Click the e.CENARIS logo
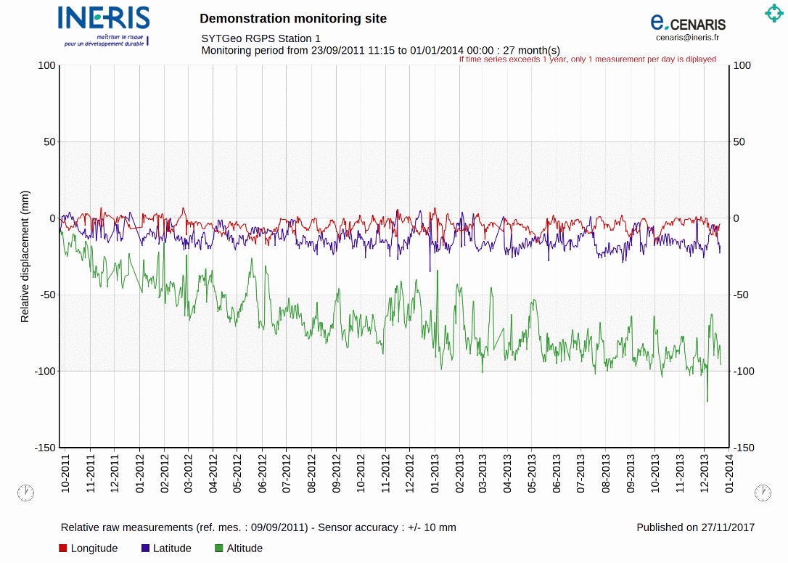point(687,22)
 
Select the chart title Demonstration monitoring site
point(293,19)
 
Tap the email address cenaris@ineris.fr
point(687,38)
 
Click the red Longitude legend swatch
point(63,548)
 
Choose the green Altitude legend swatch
point(219,548)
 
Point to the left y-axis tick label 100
point(46,65)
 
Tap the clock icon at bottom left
point(25,493)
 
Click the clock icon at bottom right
point(763,493)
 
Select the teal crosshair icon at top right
point(773,13)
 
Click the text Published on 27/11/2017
point(695,527)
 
